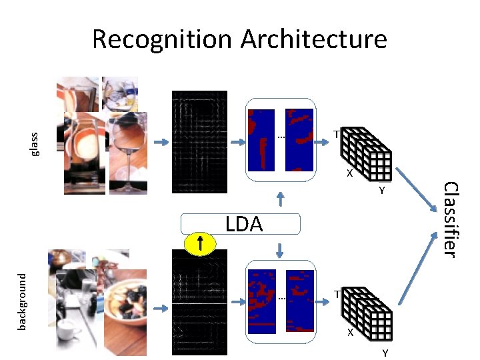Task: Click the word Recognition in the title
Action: (163, 39)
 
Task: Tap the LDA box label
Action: (244, 225)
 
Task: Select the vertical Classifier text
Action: (450, 219)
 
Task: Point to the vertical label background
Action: (21, 301)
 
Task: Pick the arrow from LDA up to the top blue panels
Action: (281, 199)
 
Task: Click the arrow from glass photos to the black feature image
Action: (161, 142)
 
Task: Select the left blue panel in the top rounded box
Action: (261, 140)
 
